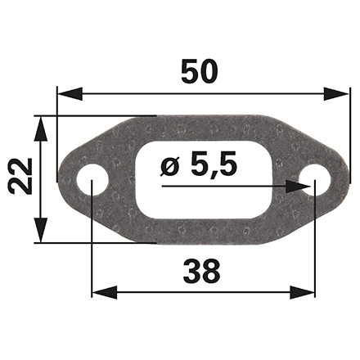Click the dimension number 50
pos(200,71)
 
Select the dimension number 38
pos(202,271)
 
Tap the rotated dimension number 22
pos(20,176)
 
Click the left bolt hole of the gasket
pos(92,179)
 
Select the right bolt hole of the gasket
pos(315,180)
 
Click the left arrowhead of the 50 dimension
pos(70,94)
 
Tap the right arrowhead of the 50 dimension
pos(336,94)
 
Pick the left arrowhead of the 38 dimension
pos(105,292)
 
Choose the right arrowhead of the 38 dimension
pos(302,292)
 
